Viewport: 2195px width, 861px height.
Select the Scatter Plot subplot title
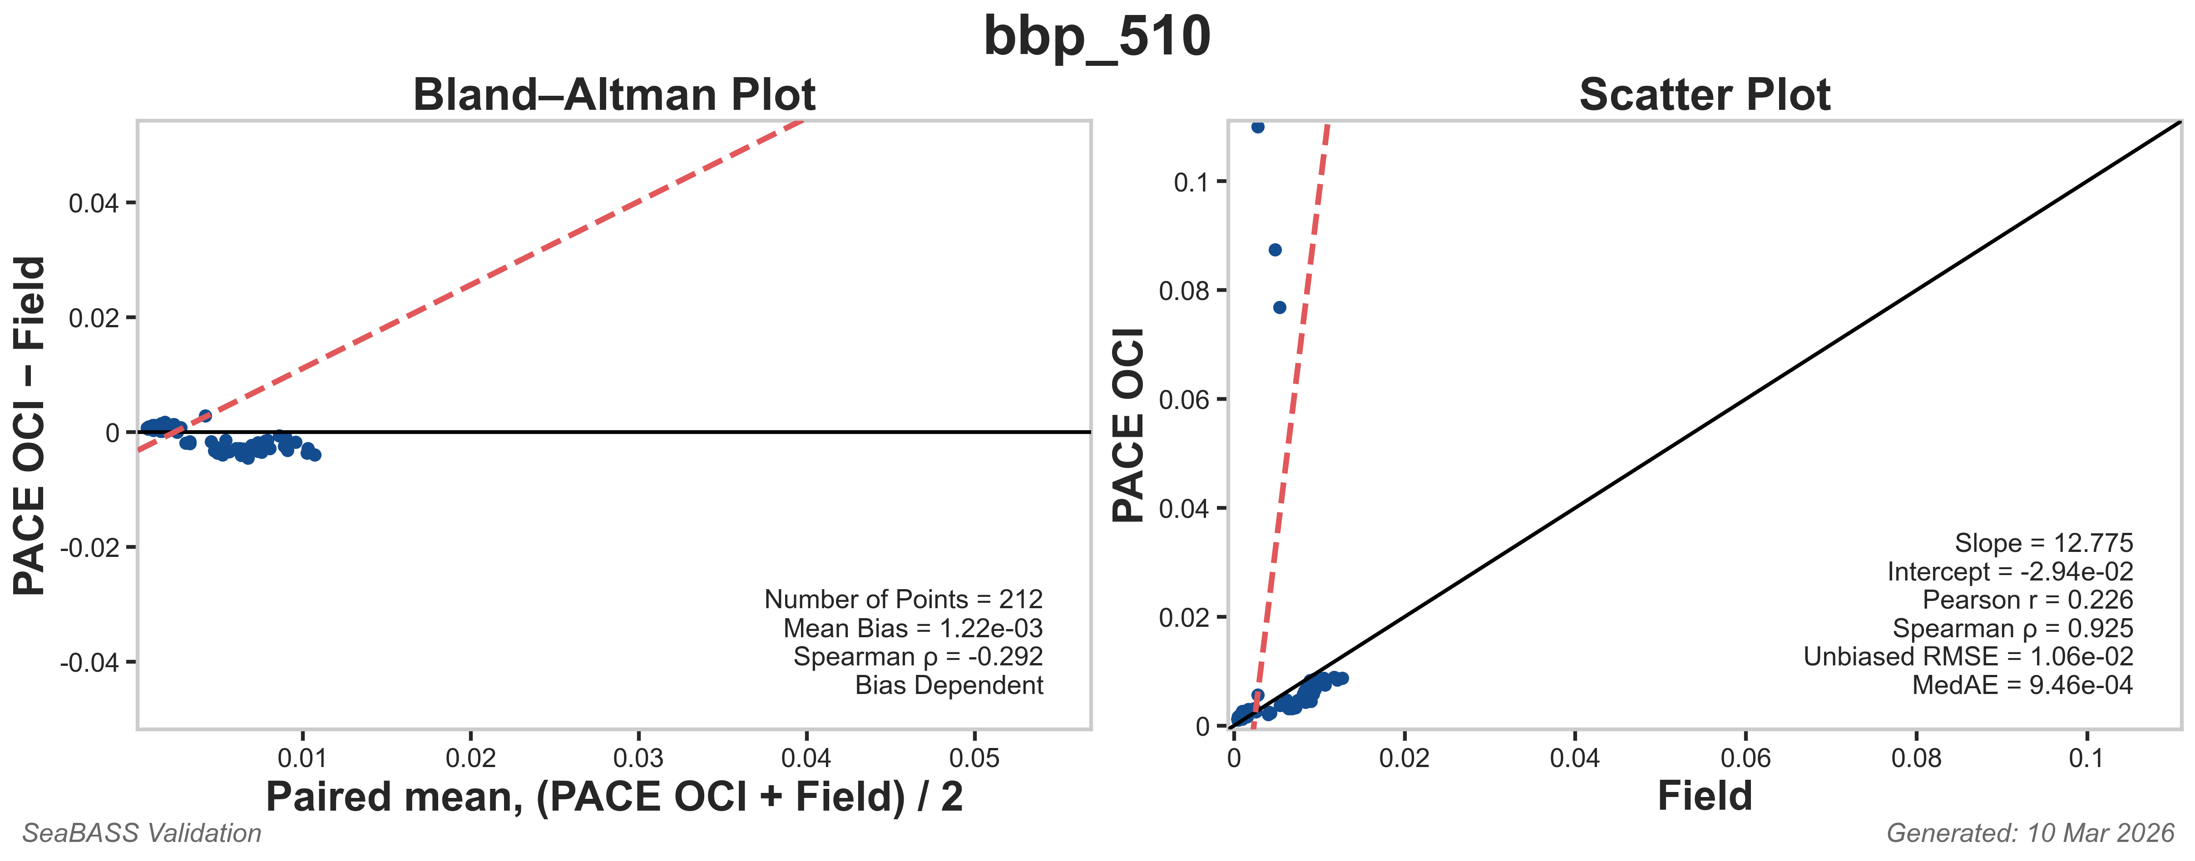[1704, 94]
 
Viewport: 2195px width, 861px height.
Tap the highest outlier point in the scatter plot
[1258, 127]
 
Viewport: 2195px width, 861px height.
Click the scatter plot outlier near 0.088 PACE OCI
[1275, 250]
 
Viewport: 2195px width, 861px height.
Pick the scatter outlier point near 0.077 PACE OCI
[1279, 307]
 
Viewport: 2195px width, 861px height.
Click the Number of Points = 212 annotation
[903, 600]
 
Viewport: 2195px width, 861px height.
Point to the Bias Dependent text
[949, 685]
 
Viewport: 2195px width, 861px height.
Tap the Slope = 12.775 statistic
[2043, 543]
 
